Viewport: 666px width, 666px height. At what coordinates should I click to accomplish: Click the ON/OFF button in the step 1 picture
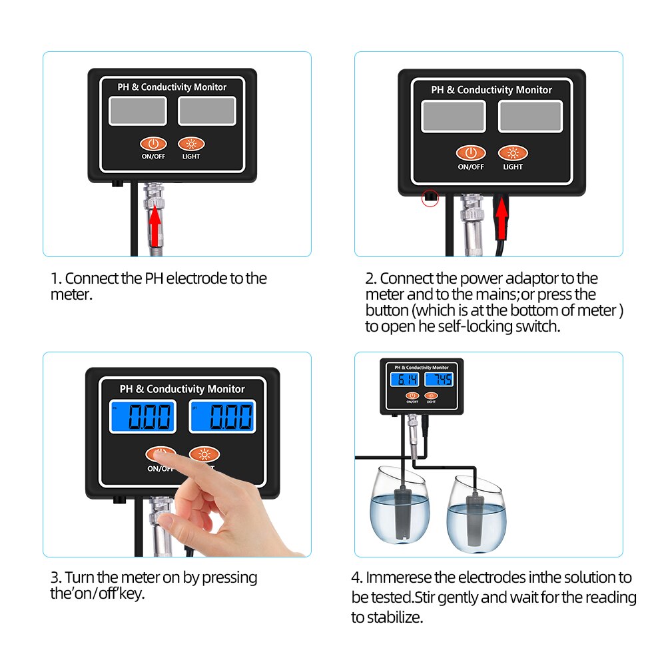(153, 143)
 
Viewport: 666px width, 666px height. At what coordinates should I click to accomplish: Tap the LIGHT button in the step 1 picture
(191, 143)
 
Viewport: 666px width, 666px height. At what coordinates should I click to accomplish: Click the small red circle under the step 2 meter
(430, 198)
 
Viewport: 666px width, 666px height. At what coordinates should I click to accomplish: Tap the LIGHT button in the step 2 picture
(512, 153)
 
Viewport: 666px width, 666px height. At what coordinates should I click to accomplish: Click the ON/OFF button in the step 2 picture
(471, 153)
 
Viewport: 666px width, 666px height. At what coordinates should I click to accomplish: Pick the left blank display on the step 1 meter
(137, 111)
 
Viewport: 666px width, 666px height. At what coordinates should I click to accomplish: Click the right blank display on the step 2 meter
(530, 116)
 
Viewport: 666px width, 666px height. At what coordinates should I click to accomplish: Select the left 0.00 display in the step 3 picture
(143, 417)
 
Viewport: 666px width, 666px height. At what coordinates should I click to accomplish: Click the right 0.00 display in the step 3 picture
(222, 417)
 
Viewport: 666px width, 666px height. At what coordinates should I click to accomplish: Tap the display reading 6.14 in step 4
(404, 380)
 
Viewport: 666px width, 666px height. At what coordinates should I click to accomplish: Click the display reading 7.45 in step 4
(439, 380)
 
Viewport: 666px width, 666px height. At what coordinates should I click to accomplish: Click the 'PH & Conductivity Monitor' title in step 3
(182, 389)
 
